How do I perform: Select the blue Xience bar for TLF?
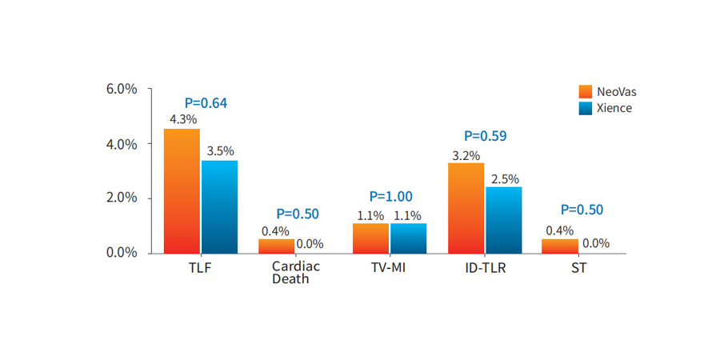pyautogui.click(x=219, y=206)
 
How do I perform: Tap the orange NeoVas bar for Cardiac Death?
pyautogui.click(x=276, y=246)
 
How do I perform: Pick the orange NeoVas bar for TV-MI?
pyautogui.click(x=370, y=238)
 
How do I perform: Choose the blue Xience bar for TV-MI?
pyautogui.click(x=408, y=238)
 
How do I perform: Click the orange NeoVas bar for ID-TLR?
pyautogui.click(x=466, y=207)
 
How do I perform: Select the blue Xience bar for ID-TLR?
pyautogui.click(x=503, y=219)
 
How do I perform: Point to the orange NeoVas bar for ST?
pyautogui.click(x=559, y=246)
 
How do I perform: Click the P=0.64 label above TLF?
pyautogui.click(x=206, y=102)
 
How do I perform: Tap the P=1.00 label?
pyautogui.click(x=390, y=196)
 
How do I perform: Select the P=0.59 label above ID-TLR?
pyautogui.click(x=485, y=136)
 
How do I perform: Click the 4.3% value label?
pyautogui.click(x=182, y=119)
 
